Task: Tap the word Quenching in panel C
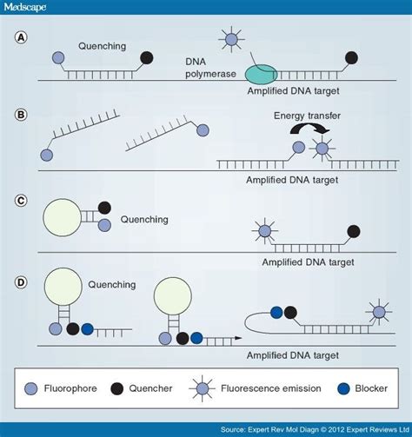click(140, 219)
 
